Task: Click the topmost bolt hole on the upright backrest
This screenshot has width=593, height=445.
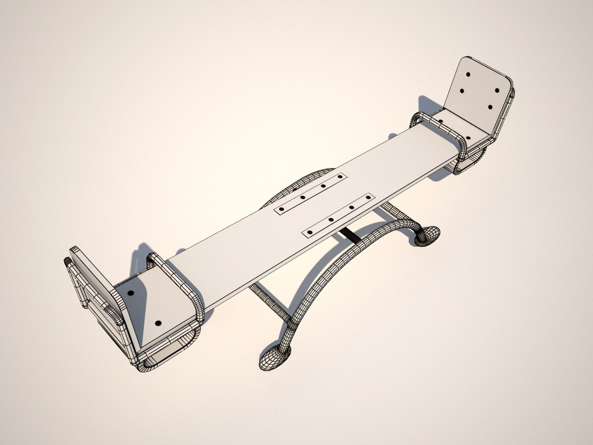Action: [468, 75]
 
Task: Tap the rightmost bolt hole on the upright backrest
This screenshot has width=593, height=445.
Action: [497, 90]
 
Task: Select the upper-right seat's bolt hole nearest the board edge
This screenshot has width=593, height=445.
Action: [468, 139]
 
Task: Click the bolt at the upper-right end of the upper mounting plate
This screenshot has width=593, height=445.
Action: [340, 177]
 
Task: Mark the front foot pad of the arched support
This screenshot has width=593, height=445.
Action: [274, 356]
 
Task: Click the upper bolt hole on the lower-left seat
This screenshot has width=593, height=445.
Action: [131, 293]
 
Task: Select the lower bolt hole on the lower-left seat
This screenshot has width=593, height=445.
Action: [159, 323]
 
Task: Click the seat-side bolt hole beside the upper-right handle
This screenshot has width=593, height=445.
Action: [441, 122]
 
